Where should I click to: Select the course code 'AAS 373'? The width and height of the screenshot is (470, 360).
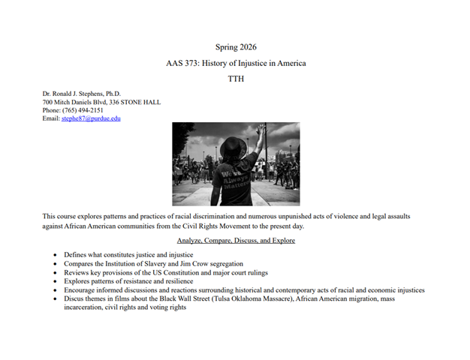[182, 63]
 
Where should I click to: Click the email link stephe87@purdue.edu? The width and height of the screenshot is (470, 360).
[91, 118]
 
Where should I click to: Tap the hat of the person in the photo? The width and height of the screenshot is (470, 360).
[229, 148]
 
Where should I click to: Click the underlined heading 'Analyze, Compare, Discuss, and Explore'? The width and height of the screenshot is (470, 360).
[235, 241]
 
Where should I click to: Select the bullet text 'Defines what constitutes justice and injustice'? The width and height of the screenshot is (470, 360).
[128, 256]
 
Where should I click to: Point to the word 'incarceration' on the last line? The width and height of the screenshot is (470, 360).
[84, 307]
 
